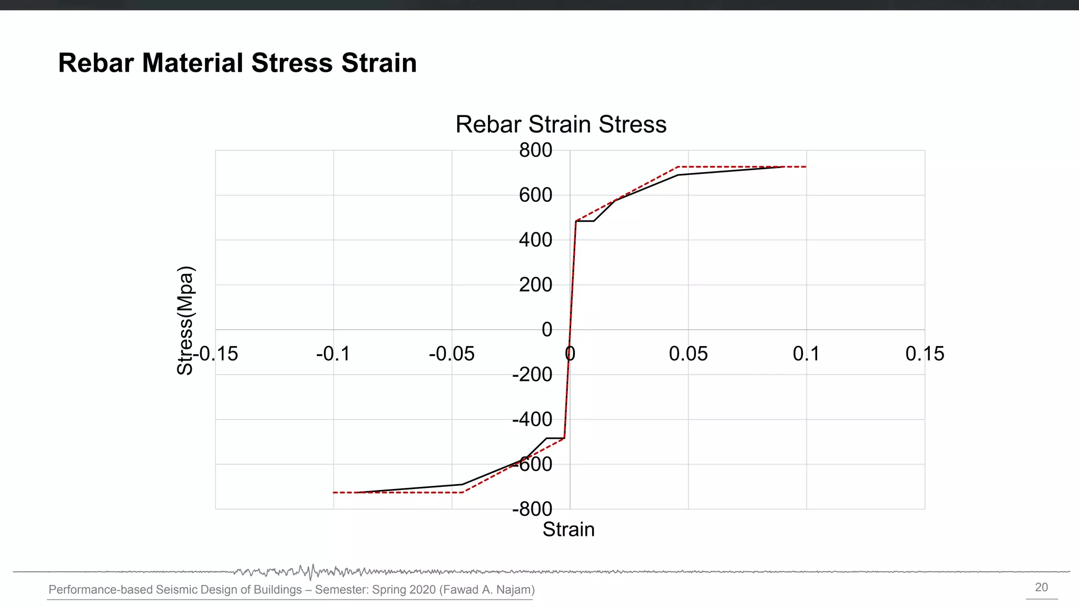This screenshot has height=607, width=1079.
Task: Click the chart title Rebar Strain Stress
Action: click(x=561, y=125)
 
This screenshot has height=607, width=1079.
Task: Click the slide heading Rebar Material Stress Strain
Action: click(x=237, y=63)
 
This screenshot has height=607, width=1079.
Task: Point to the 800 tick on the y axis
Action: click(x=535, y=151)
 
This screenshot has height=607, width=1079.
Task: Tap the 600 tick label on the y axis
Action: click(x=535, y=195)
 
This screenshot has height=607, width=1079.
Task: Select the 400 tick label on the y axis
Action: click(x=535, y=240)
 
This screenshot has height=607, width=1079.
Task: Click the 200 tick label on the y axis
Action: click(x=535, y=285)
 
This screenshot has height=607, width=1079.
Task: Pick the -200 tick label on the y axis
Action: click(x=532, y=375)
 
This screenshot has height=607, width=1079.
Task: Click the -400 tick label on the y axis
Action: click(x=532, y=419)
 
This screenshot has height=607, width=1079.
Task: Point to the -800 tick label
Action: click(x=532, y=509)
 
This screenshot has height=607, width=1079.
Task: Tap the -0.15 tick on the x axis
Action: click(x=215, y=354)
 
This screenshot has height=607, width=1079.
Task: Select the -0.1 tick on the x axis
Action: click(x=333, y=354)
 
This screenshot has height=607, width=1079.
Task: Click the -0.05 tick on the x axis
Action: click(x=452, y=354)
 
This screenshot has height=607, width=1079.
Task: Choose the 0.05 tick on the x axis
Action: click(x=688, y=354)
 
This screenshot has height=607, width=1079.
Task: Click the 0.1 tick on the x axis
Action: click(x=806, y=354)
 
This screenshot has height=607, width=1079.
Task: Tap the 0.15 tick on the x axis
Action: click(x=925, y=354)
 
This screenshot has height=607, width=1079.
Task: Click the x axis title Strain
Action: click(x=568, y=530)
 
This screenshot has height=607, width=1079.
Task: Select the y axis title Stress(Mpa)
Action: click(x=185, y=320)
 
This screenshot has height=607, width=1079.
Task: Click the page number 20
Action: click(x=1041, y=588)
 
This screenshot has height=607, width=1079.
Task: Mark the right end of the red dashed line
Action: click(x=806, y=167)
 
